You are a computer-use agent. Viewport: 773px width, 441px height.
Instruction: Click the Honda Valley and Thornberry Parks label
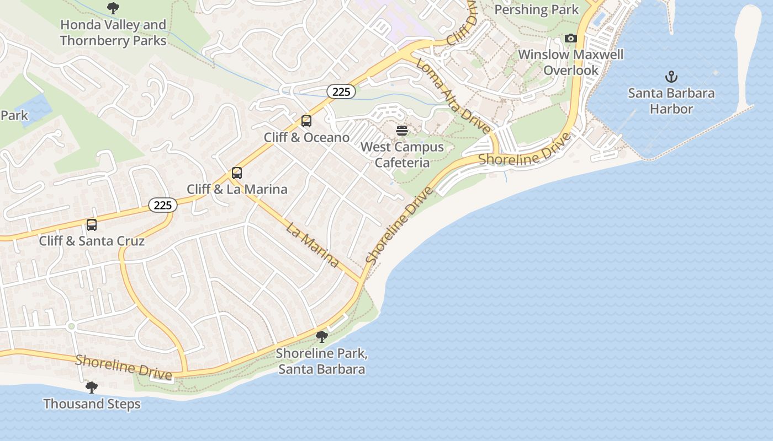[113, 33]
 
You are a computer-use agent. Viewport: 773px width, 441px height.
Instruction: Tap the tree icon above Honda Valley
[113, 8]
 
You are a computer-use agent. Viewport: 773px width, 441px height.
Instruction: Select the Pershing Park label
[536, 9]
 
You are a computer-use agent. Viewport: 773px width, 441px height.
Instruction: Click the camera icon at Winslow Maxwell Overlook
[571, 38]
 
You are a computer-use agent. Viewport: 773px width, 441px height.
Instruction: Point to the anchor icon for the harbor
[671, 77]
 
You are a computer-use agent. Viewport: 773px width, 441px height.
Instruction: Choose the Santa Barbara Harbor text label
[671, 101]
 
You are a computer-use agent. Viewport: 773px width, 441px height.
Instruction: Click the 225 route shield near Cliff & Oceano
[341, 92]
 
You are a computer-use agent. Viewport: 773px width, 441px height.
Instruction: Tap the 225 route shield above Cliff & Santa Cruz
[162, 205]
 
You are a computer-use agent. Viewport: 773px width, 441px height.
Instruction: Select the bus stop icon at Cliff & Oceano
[306, 121]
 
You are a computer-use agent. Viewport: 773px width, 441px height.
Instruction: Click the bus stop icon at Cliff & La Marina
[237, 173]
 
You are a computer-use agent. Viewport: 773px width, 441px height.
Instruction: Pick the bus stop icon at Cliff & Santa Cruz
[92, 225]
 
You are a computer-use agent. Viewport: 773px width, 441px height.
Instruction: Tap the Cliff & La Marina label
[237, 189]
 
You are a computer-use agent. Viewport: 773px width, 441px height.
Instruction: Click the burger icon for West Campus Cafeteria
[402, 131]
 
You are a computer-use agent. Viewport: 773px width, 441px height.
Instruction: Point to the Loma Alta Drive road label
[453, 96]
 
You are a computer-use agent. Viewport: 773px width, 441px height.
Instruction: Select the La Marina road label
[313, 244]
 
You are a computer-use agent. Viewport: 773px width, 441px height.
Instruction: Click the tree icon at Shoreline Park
[321, 337]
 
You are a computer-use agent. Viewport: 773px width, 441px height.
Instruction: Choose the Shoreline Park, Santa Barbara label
[321, 361]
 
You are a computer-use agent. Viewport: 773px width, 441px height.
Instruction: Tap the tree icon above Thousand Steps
[92, 388]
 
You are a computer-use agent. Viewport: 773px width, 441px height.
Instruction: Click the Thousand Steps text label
[92, 404]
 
